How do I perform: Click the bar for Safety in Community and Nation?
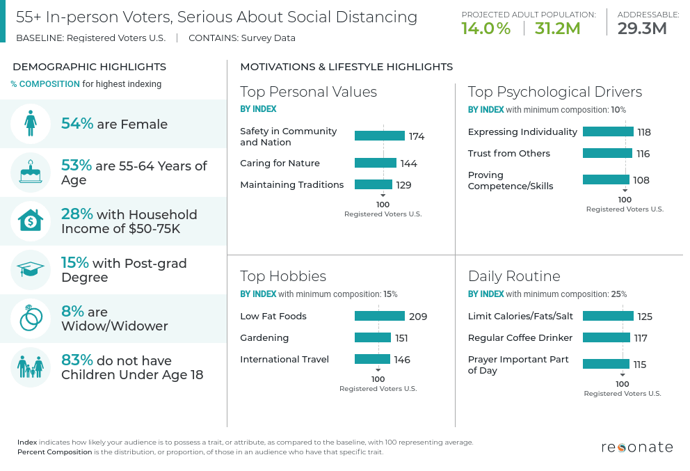point(379,136)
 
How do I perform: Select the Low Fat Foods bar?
point(379,316)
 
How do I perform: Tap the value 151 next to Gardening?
point(401,338)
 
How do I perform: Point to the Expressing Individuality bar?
point(608,131)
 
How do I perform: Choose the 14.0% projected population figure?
point(486,29)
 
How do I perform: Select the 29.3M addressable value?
point(642,29)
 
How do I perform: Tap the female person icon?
point(31,124)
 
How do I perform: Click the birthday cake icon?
point(31,173)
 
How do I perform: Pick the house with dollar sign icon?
point(31,221)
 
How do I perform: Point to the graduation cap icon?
point(31,270)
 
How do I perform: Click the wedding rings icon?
point(31,319)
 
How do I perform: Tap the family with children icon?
point(31,367)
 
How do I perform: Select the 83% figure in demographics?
point(77,360)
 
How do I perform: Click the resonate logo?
point(636,447)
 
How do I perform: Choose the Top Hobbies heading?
point(283,276)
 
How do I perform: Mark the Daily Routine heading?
point(514,276)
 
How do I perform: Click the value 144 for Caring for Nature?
point(408,163)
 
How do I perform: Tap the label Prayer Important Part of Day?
point(518,365)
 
